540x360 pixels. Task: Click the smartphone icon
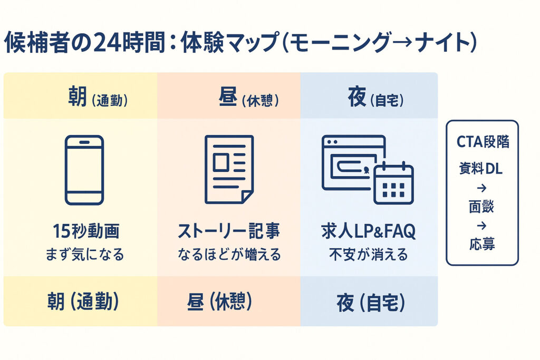(84, 170)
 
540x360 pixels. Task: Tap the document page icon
(228, 169)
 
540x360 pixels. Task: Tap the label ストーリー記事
(228, 231)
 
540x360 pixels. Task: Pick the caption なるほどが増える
(228, 255)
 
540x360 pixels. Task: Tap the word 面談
(481, 207)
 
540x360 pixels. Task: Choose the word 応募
(481, 245)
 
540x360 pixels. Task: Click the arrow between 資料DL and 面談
(481, 188)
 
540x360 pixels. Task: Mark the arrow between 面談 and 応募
(481, 226)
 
